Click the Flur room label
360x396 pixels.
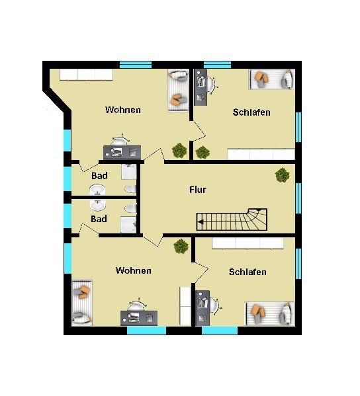coord(198,190)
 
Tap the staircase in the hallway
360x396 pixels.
coord(232,219)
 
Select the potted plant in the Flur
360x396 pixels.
coord(282,175)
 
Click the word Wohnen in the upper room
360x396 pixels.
coord(123,110)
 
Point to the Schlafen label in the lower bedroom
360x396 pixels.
coord(247,272)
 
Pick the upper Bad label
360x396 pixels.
coord(99,176)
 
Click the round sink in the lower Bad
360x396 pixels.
coord(97,206)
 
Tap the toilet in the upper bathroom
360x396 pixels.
coord(130,189)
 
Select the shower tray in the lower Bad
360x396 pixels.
coord(128,225)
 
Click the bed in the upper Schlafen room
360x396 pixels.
coord(272,79)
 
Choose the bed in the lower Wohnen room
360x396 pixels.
coord(82,303)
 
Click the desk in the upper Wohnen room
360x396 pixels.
coord(122,152)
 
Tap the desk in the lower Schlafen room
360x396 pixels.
coord(202,308)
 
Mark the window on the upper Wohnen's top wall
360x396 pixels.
coord(136,65)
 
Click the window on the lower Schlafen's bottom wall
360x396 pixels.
coord(220,331)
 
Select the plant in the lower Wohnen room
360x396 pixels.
coord(181,246)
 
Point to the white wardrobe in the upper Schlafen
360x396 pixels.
coord(261,154)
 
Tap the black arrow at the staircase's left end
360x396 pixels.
coord(201,222)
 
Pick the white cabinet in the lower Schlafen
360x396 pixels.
coord(247,243)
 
